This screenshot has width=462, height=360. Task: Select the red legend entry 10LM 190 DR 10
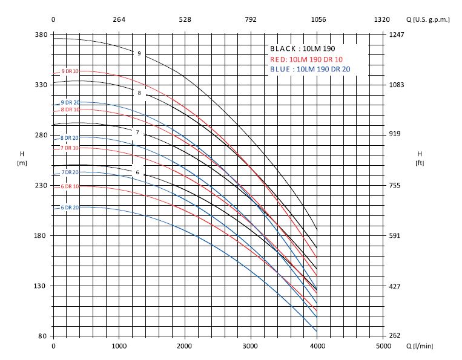306,59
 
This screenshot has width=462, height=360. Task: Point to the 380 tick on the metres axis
41,34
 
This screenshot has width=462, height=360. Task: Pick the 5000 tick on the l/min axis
383,346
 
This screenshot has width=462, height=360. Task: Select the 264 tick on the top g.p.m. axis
119,20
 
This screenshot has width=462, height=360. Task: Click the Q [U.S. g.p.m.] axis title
428,20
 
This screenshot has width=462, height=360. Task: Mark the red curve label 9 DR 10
70,72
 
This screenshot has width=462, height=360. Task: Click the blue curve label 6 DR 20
70,208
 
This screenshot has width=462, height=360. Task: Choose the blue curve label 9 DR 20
70,102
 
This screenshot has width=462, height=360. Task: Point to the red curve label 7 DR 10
70,148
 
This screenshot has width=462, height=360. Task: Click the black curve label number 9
139,54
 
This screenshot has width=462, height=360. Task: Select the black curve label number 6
137,173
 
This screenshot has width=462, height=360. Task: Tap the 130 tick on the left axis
41,286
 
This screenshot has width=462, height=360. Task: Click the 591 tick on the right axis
395,236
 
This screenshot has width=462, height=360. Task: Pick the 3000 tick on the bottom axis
251,346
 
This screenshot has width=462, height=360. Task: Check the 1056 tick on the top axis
318,20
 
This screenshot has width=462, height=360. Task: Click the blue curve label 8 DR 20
70,138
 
